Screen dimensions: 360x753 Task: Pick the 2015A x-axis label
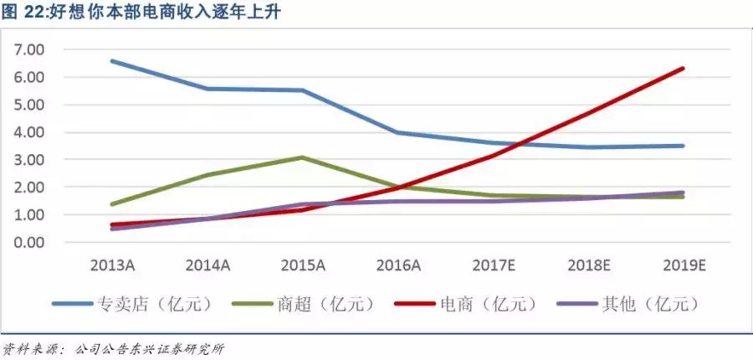(x=302, y=265)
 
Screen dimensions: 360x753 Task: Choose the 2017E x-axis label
(x=493, y=265)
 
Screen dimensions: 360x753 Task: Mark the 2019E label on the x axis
(x=684, y=265)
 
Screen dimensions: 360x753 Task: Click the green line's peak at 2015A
(x=302, y=157)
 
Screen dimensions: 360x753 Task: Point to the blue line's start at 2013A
(x=111, y=61)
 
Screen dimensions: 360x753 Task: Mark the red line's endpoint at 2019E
(x=684, y=69)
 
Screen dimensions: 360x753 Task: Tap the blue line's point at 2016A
(x=397, y=132)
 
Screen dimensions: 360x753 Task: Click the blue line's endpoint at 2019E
(x=684, y=146)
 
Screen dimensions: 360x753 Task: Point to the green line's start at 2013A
(x=111, y=204)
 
